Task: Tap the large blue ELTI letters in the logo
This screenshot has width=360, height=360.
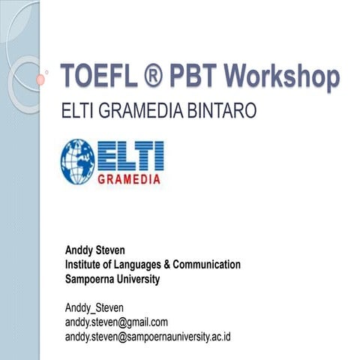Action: pos(131,155)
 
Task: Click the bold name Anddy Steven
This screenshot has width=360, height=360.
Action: pos(97,250)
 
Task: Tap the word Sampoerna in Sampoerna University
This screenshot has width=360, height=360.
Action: pos(91,279)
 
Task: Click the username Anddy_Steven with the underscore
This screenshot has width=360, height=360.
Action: pos(95,307)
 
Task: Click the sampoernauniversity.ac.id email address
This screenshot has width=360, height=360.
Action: pos(148,336)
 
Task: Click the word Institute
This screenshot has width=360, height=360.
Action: pos(84,265)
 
